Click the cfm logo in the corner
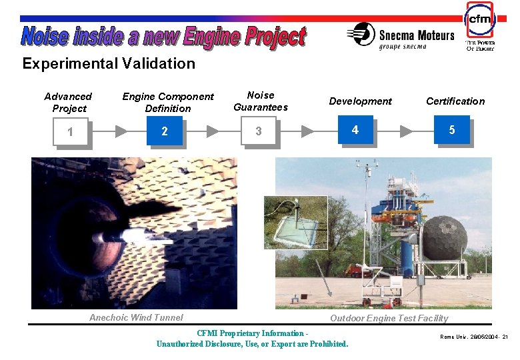coord(479,27)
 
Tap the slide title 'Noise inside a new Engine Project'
coord(163,37)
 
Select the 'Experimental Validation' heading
coord(109,64)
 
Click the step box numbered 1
coord(70,132)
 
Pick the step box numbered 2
coord(165,132)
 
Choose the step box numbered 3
coord(259,132)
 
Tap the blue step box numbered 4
coord(355,130)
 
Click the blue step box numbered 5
coord(451,130)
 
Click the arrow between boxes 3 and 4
coord(307,131)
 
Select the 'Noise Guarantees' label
coord(260,101)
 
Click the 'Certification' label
coord(455,101)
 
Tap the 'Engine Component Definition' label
coord(168,103)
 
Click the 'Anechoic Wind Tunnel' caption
coord(136,317)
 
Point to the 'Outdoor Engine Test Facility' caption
coord(389,318)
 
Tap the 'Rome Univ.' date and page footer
coord(473,337)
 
